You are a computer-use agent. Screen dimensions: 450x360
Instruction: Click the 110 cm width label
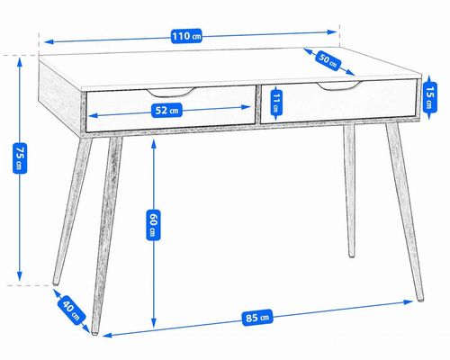186,36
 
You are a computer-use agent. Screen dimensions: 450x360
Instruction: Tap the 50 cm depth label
328,61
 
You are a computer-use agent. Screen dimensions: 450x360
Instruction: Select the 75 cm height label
20,157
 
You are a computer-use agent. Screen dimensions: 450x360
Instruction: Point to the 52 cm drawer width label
166,111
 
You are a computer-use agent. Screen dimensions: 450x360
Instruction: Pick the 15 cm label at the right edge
430,97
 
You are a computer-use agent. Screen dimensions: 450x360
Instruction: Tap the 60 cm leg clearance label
153,225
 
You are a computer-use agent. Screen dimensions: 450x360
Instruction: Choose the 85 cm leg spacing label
257,318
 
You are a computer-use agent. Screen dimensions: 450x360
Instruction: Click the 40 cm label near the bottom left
71,310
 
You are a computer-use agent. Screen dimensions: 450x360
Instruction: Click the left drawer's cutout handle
171,93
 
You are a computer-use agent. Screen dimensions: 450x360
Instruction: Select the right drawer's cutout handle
339,85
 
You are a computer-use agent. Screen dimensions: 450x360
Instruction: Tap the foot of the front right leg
420,299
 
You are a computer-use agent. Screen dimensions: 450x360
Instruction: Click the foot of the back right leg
351,256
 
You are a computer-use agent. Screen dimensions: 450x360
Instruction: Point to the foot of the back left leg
56,282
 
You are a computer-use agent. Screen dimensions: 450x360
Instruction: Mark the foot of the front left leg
94,331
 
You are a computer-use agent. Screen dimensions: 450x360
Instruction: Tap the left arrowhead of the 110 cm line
49,41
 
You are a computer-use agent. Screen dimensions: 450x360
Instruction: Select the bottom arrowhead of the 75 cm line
20,276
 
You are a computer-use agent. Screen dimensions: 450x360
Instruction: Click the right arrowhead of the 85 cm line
409,301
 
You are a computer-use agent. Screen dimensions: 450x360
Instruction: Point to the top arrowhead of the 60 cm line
154,144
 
